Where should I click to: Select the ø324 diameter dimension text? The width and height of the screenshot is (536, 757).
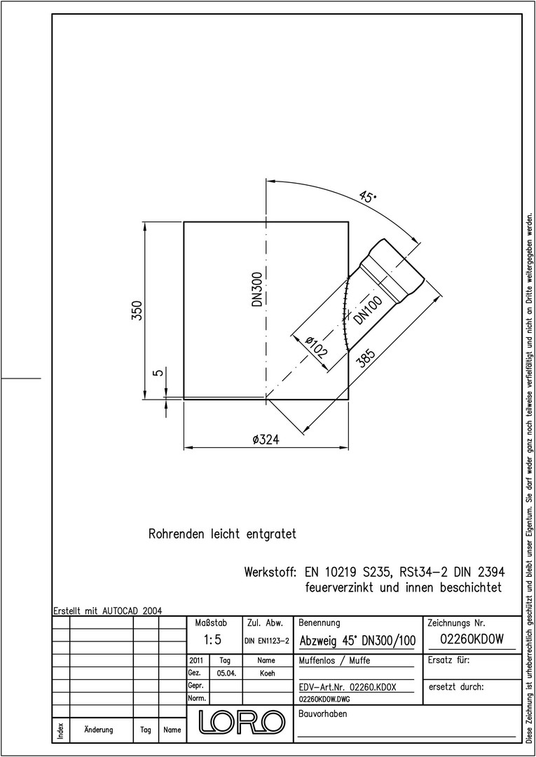[x=266, y=439]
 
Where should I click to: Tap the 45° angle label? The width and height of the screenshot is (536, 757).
[x=368, y=197]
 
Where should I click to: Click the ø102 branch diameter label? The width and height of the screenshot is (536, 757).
[x=317, y=346]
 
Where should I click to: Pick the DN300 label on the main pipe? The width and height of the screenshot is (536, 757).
[x=258, y=289]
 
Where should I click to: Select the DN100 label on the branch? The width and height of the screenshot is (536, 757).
[x=368, y=310]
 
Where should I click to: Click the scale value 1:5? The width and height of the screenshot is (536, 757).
[x=212, y=640]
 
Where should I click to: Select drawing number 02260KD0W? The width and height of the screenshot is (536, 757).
[x=472, y=639]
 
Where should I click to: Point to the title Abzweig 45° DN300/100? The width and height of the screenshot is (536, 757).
[x=357, y=641]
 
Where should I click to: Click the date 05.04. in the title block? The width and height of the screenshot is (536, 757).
[x=226, y=674]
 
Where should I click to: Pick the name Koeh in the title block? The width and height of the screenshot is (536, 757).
[x=267, y=674]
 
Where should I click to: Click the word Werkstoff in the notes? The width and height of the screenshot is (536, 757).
[x=270, y=573]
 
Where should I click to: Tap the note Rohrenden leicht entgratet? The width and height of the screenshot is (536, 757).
[x=222, y=534]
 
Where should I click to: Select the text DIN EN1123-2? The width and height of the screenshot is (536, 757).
[x=267, y=641]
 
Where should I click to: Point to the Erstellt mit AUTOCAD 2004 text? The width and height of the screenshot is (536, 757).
[x=107, y=611]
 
